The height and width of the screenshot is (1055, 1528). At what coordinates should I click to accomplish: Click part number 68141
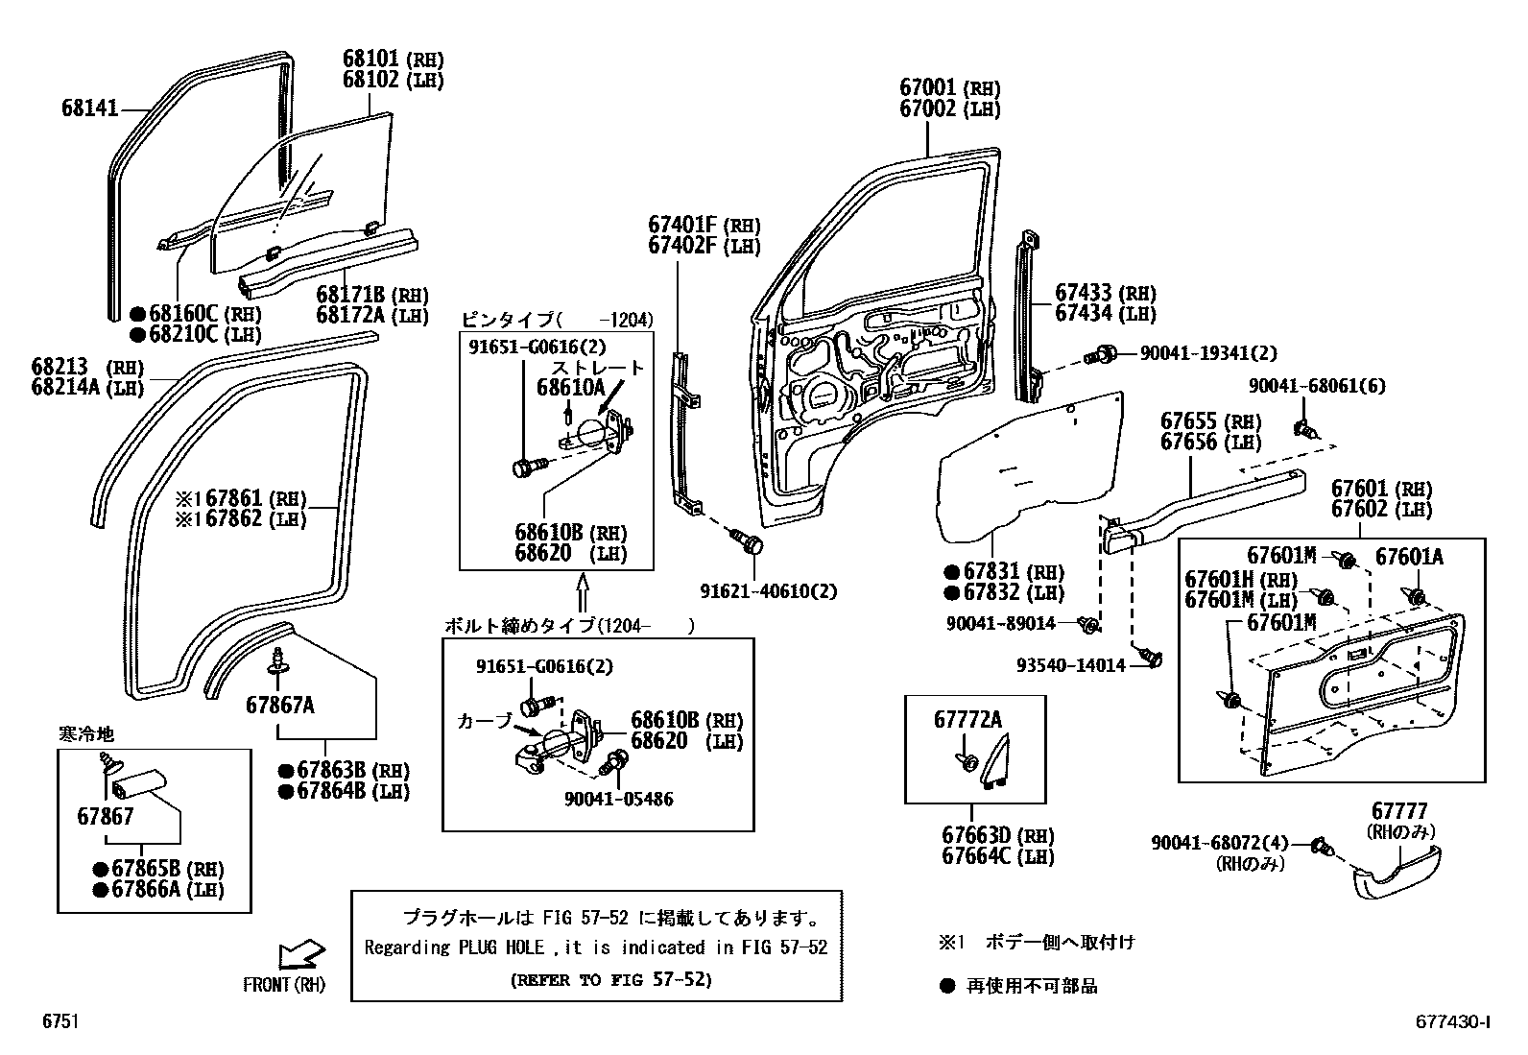coord(90,108)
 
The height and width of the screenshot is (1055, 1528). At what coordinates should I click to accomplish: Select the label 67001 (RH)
coord(949,88)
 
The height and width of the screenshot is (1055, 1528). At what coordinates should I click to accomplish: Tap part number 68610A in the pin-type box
coord(570,387)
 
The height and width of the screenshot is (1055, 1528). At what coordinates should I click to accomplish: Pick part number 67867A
coord(279,705)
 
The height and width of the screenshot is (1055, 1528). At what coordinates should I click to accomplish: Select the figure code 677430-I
coord(1451,1022)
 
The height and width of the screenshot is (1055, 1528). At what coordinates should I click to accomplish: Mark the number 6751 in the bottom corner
coord(60,1022)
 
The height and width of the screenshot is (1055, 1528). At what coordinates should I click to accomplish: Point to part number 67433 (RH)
coord(1105,293)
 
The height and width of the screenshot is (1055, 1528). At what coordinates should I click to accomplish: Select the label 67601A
coord(1409,557)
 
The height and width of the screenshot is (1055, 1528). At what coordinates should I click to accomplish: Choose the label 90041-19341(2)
coord(1207,353)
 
